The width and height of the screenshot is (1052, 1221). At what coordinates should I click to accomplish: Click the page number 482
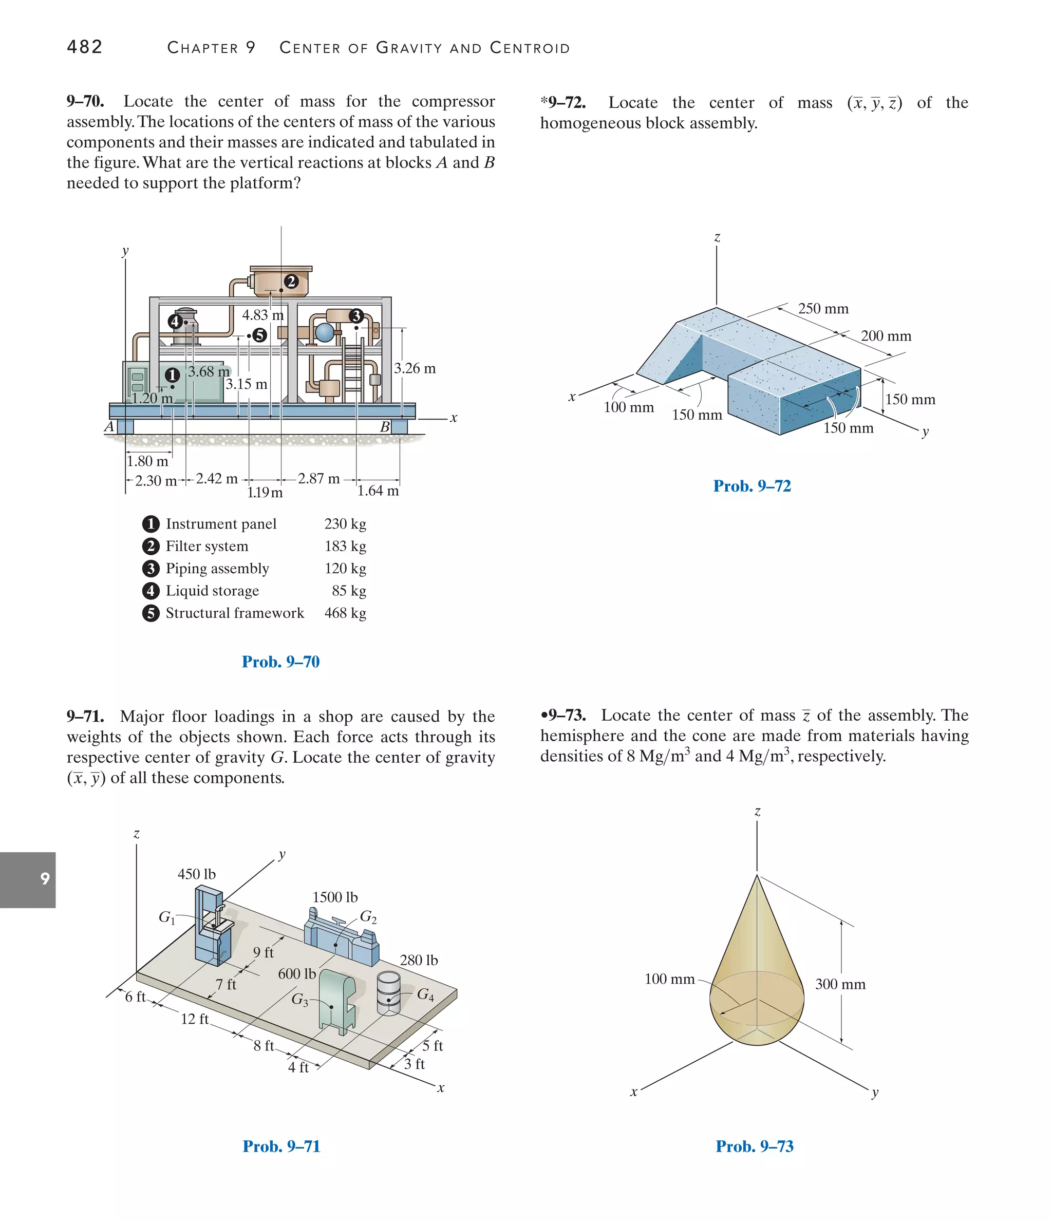85,47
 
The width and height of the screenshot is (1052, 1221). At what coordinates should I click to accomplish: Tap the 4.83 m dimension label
263,315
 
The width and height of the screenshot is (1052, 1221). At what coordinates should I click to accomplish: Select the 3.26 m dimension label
415,369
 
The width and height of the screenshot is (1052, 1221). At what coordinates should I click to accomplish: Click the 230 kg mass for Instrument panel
345,524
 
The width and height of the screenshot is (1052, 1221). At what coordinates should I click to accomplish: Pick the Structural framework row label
235,613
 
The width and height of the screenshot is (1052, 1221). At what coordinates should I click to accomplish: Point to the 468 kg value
345,613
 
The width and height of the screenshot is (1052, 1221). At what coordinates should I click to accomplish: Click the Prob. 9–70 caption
280,662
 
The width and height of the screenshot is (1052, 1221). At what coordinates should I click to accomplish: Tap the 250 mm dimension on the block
823,309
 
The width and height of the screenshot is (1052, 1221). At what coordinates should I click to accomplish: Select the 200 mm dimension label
886,336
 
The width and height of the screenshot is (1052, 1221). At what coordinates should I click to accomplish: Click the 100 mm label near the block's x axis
629,407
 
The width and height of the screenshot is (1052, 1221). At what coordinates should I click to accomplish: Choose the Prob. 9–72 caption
752,486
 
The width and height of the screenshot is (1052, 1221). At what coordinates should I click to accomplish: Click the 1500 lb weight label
335,897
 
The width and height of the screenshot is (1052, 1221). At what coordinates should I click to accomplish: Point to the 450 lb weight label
197,874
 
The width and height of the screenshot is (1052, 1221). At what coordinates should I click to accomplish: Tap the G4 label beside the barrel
425,994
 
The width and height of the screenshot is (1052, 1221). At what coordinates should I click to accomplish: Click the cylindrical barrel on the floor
388,993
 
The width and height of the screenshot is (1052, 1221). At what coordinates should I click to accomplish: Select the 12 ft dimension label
195,1019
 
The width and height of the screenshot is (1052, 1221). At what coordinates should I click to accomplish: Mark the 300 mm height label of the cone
840,984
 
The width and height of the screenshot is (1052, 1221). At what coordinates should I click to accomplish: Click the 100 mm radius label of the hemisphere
669,979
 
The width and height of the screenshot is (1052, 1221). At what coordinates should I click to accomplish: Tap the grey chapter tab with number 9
28,880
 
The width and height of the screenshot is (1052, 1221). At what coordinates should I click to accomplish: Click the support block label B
385,427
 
